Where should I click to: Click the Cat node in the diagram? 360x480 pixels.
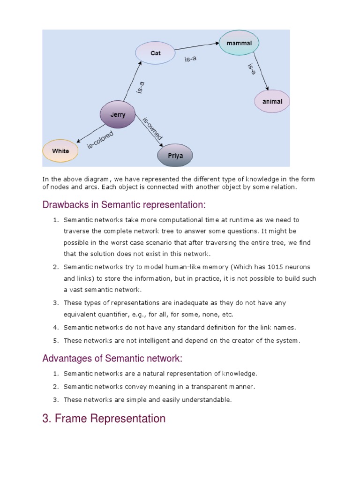coord(155,53)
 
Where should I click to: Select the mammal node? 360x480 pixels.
coord(239,43)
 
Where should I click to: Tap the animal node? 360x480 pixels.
coord(272,101)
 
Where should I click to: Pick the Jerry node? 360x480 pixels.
coord(118,114)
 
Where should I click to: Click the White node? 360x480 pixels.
coord(60,151)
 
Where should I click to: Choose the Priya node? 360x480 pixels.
coord(174,155)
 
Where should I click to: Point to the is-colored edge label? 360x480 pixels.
coord(100,140)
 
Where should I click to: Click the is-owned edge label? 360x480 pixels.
coord(152,128)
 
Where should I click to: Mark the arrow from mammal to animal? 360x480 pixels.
coord(260,70)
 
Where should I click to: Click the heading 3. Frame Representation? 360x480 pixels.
coord(104,418)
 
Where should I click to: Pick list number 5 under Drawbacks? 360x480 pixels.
coord(55,340)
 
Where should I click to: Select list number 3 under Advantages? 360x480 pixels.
coord(55,400)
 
